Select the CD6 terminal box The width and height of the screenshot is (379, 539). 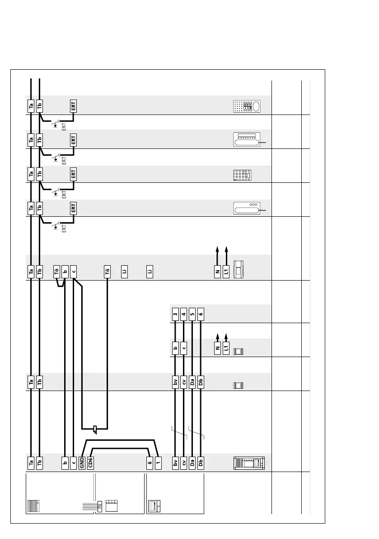pyautogui.click(x=90, y=463)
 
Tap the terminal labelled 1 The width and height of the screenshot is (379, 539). pyautogui.click(x=158, y=463)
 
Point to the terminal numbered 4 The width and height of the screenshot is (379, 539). pyautogui.click(x=183, y=313)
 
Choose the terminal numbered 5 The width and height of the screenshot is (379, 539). pyautogui.click(x=192, y=313)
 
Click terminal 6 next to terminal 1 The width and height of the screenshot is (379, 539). pyautogui.click(x=149, y=463)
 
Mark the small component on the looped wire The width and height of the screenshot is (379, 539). pyautogui.click(x=94, y=429)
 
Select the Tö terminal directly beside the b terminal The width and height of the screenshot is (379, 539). pyautogui.click(x=56, y=271)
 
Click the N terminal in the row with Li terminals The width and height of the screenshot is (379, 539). pyautogui.click(x=217, y=271)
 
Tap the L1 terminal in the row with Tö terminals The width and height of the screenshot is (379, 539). pyautogui.click(x=226, y=271)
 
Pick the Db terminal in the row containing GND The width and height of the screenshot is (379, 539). pyautogui.click(x=201, y=463)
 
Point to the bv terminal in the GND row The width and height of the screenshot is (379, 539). pyautogui.click(x=175, y=463)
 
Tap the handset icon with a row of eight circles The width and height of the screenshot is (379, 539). pyautogui.click(x=247, y=140)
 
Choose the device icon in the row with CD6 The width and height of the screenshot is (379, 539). pyautogui.click(x=249, y=463)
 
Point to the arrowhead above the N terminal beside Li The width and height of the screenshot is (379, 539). pyautogui.click(x=217, y=248)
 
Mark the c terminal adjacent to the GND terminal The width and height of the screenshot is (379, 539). pyautogui.click(x=74, y=463)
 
